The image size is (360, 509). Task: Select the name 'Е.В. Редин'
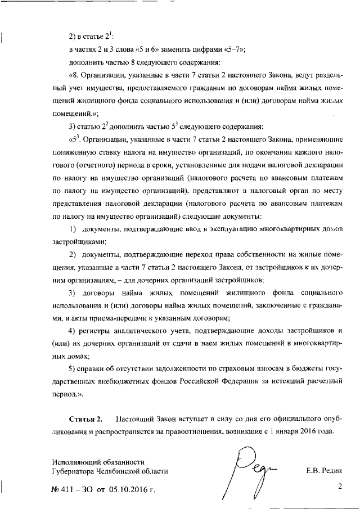[x=324, y=470]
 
